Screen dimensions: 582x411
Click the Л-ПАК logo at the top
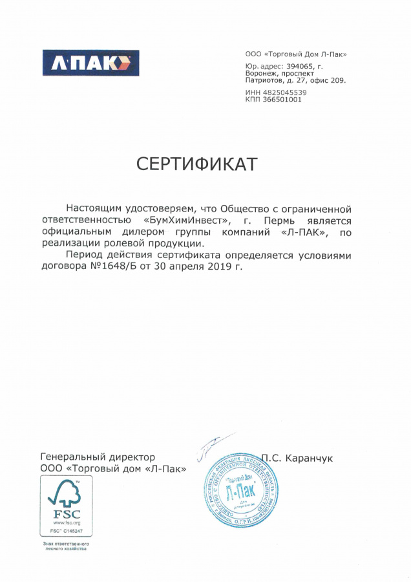(x=90, y=63)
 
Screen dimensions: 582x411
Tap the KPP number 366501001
(x=282, y=100)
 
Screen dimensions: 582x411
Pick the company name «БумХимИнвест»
(x=185, y=221)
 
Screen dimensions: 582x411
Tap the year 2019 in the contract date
(x=221, y=266)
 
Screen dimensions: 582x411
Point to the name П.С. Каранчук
(x=297, y=457)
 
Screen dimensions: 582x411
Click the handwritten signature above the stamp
(x=213, y=444)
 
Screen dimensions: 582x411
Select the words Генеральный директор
(x=98, y=457)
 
